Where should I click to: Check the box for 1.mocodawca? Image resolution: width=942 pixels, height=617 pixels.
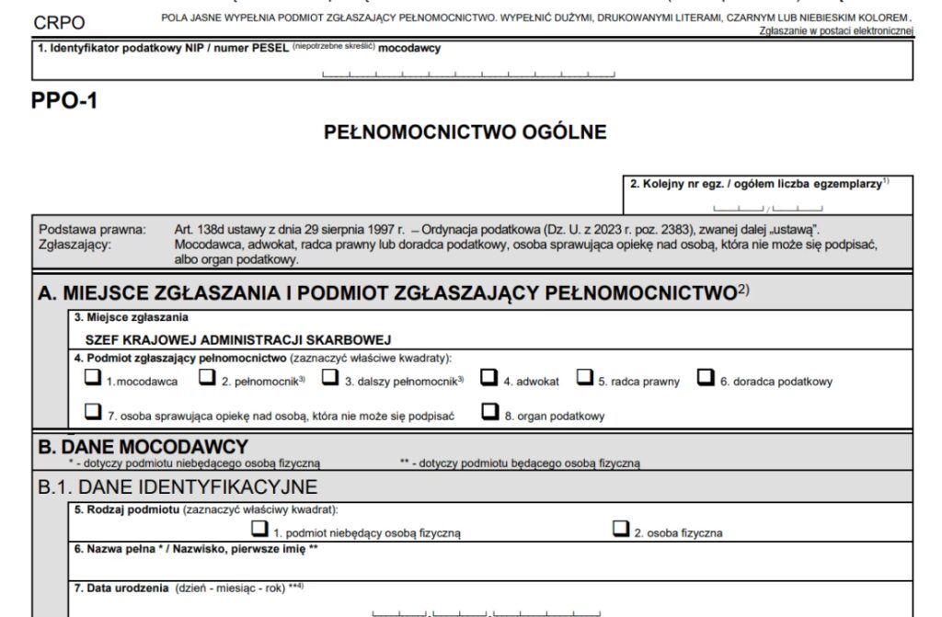pos(92,377)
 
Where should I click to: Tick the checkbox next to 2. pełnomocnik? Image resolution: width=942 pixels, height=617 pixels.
pos(208,377)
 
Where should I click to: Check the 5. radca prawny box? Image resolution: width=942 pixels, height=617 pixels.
pos(585,377)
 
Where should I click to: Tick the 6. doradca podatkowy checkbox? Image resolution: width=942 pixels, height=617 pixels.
pos(706,377)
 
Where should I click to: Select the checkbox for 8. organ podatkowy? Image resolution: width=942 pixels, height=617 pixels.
pos(489,412)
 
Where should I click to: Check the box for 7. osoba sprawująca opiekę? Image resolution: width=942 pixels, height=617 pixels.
pos(92,412)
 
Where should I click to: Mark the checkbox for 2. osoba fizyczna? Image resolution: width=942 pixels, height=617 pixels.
pos(621,529)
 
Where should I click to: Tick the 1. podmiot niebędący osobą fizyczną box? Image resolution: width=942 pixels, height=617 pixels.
pos(259,529)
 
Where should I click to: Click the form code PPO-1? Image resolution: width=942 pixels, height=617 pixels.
pos(64,101)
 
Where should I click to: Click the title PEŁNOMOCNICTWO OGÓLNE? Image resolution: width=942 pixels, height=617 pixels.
pos(465,132)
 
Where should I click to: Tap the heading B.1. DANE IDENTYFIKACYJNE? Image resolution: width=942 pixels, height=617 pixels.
pos(178,486)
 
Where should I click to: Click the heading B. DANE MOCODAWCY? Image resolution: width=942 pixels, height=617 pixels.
pos(143,447)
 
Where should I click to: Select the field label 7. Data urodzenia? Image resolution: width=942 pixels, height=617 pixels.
pos(121,588)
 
